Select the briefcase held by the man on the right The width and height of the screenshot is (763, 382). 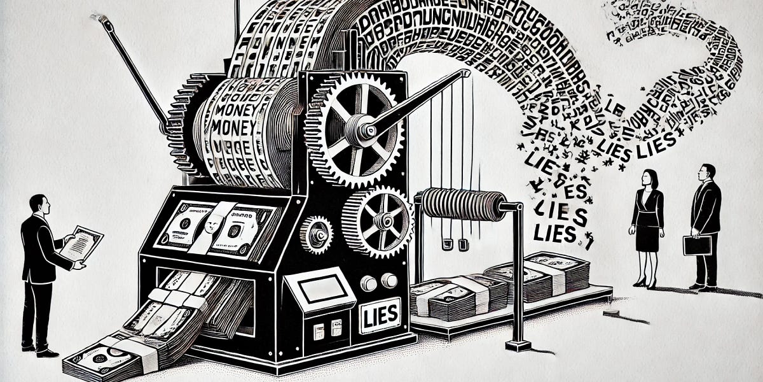point(697,244)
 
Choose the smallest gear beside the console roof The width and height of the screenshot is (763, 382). point(316,234)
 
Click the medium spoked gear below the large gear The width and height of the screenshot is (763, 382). point(378,222)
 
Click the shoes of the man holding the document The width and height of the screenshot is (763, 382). point(38,350)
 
